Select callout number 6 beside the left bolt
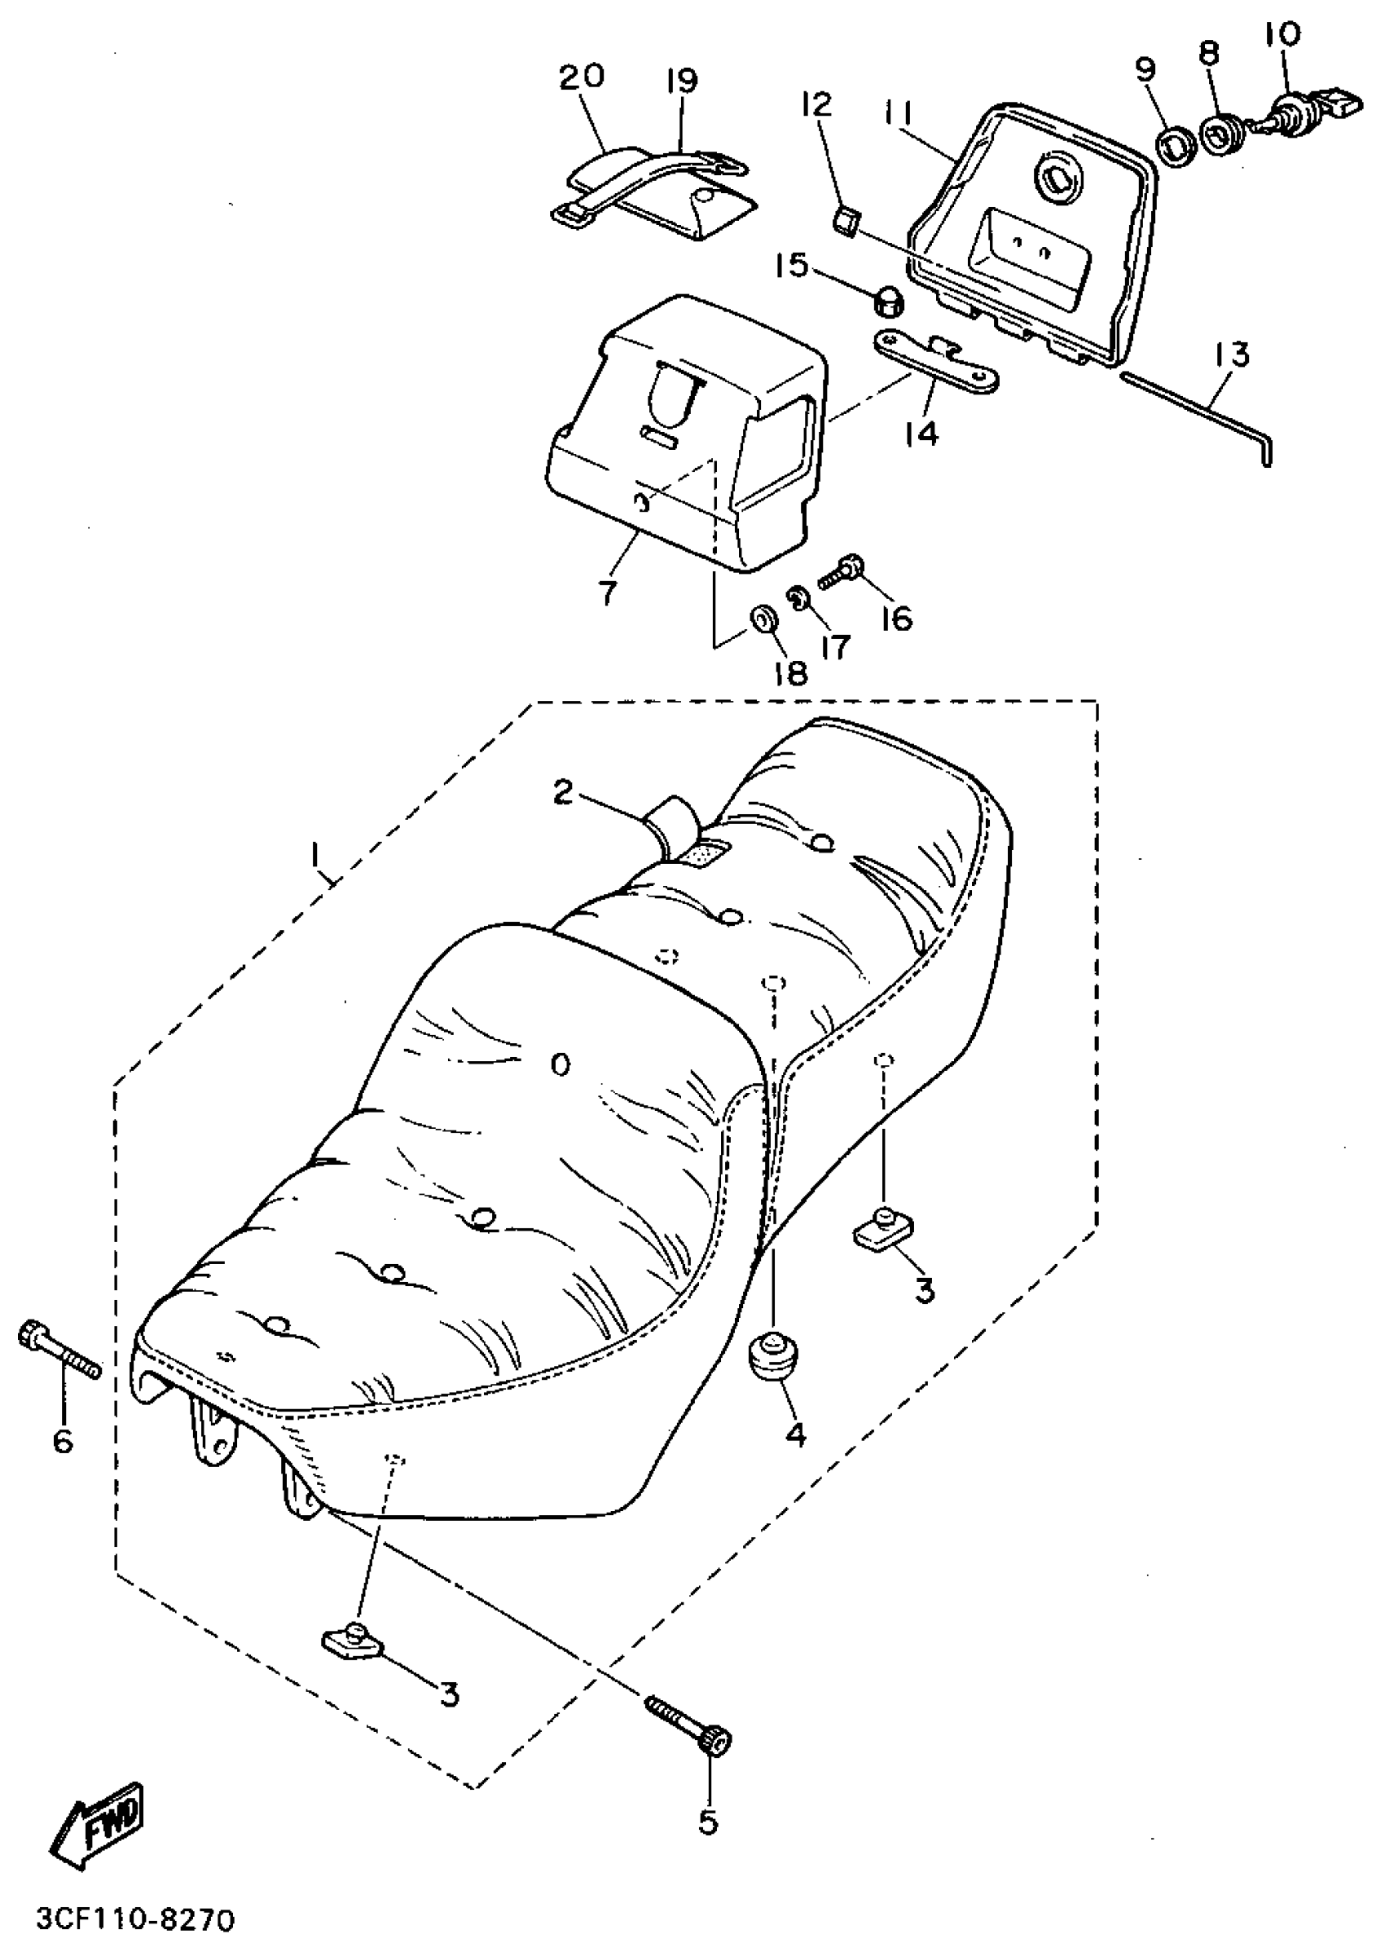tap(63, 1441)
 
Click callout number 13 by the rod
tap(1233, 355)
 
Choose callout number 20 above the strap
tap(582, 77)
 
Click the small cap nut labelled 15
tap(889, 300)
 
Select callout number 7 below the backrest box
tap(606, 593)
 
